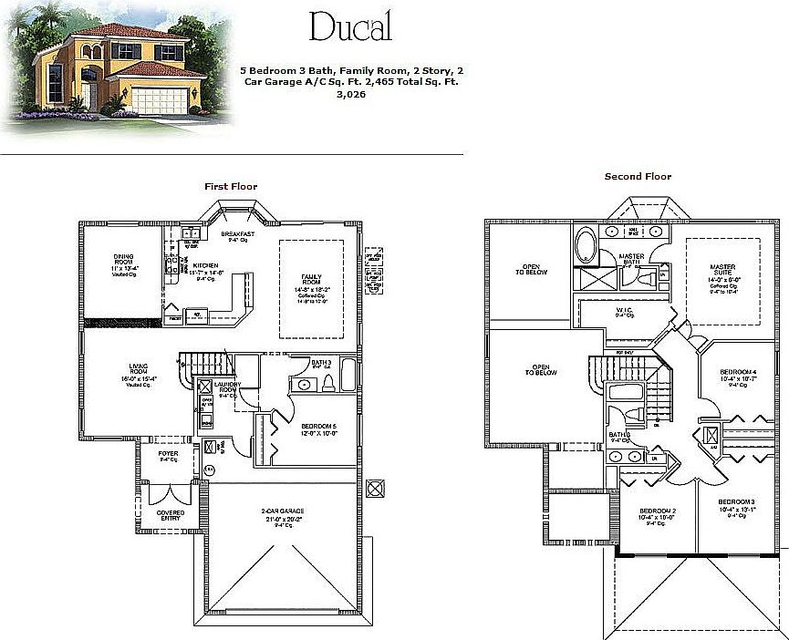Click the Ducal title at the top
(350, 26)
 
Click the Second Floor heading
(638, 177)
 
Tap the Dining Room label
(124, 259)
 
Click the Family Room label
(311, 279)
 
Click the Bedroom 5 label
(320, 426)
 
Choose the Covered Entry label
(170, 512)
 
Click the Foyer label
(168, 453)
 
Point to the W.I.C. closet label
(624, 311)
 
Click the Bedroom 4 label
(737, 372)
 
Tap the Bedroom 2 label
(657, 510)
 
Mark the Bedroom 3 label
(736, 502)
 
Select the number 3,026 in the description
(350, 94)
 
